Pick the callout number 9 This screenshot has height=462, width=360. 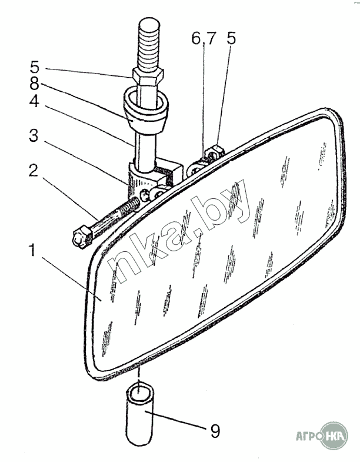coord(215,432)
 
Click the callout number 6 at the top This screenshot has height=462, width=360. coord(195,39)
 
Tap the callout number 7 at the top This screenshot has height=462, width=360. coord(211,39)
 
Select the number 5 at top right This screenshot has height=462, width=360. coord(231,39)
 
